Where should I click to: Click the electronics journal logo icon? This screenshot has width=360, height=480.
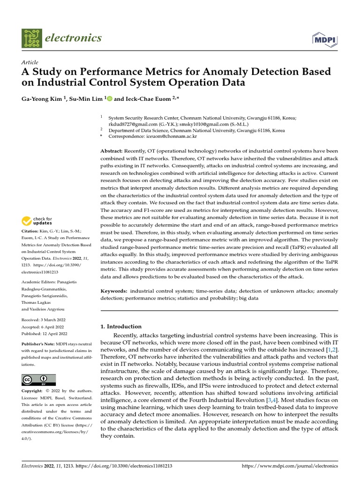(31, 38)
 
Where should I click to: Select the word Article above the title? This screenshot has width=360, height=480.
(30, 62)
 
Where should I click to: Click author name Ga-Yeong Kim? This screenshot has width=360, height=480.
(41, 99)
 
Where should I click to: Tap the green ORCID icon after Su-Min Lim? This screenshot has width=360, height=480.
(110, 99)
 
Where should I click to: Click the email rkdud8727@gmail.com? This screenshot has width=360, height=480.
(129, 124)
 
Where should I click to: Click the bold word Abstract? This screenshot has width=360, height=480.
(112, 151)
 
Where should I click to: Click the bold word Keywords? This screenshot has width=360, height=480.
(114, 291)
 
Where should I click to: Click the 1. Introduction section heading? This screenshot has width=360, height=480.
(121, 326)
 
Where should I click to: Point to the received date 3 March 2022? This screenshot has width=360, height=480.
(53, 320)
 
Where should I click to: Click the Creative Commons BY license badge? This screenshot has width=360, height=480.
(39, 380)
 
